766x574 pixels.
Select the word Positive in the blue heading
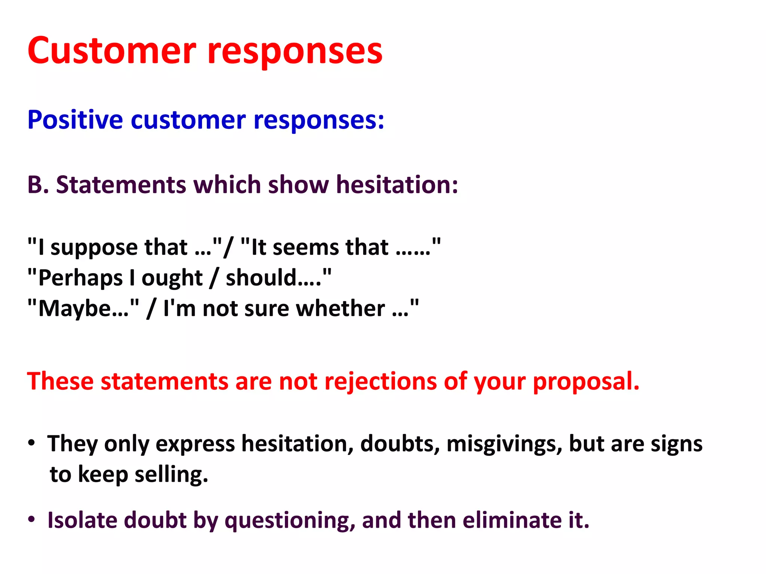pyautogui.click(x=75, y=120)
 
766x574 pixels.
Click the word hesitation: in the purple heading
pyautogui.click(x=397, y=185)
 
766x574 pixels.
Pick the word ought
pyautogui.click(x=172, y=278)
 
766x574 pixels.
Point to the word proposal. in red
pyautogui.click(x=586, y=382)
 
